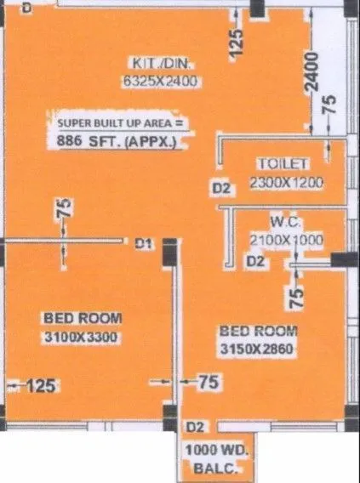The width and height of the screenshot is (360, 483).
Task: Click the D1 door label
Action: click(x=143, y=244)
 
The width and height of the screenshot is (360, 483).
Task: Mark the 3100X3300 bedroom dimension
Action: click(x=83, y=337)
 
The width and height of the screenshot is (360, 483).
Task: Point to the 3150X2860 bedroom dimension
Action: click(x=258, y=349)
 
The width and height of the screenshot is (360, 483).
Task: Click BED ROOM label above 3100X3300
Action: click(x=83, y=318)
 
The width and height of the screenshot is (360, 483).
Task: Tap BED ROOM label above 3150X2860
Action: click(x=258, y=331)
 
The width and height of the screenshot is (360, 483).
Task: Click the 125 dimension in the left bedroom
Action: click(x=40, y=386)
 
